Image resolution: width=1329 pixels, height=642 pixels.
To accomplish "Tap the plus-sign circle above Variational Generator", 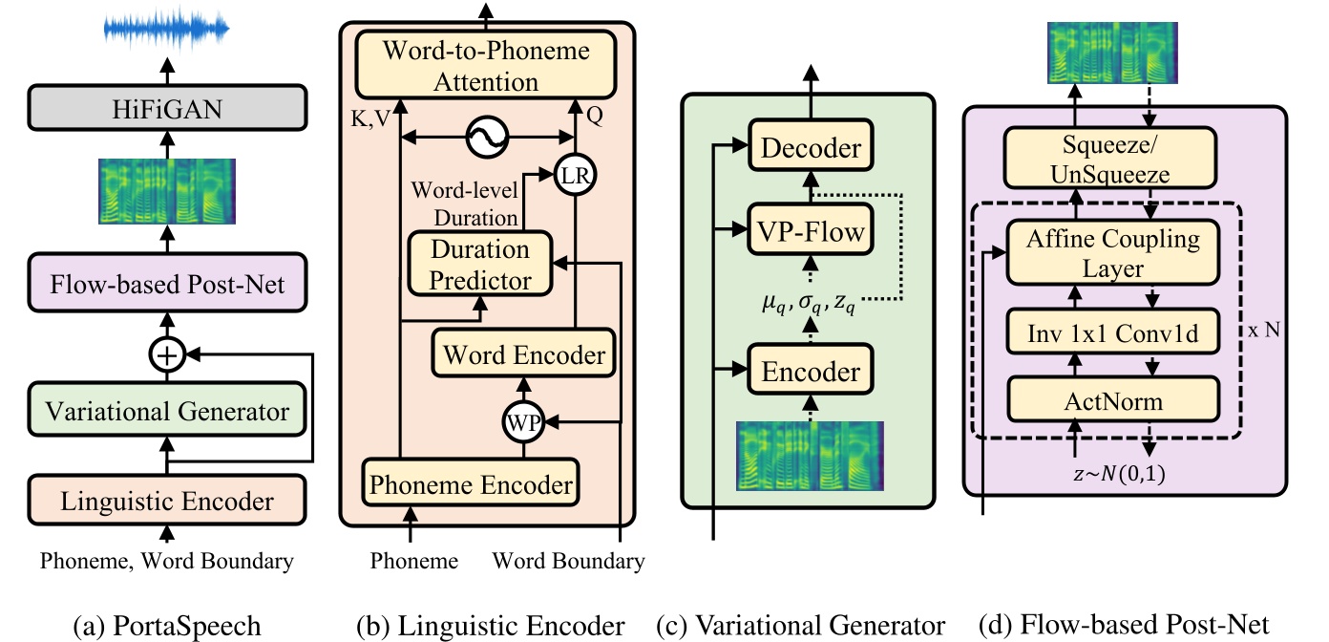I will tap(168, 355).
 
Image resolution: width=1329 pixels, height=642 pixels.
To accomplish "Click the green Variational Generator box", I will tap(168, 412).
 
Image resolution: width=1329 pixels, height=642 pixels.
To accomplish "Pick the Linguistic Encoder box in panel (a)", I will tap(168, 501).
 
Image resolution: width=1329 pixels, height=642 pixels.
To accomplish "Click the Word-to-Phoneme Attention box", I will tap(486, 65).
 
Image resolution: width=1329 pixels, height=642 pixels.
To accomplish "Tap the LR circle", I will tap(573, 176).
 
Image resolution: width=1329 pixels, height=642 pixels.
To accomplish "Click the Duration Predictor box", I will tap(481, 265).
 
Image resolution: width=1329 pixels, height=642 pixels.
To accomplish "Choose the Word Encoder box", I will tap(523, 355).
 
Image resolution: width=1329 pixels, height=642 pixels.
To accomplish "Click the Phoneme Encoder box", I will tap(471, 483).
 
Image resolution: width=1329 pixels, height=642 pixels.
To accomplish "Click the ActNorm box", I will tap(1112, 400).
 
